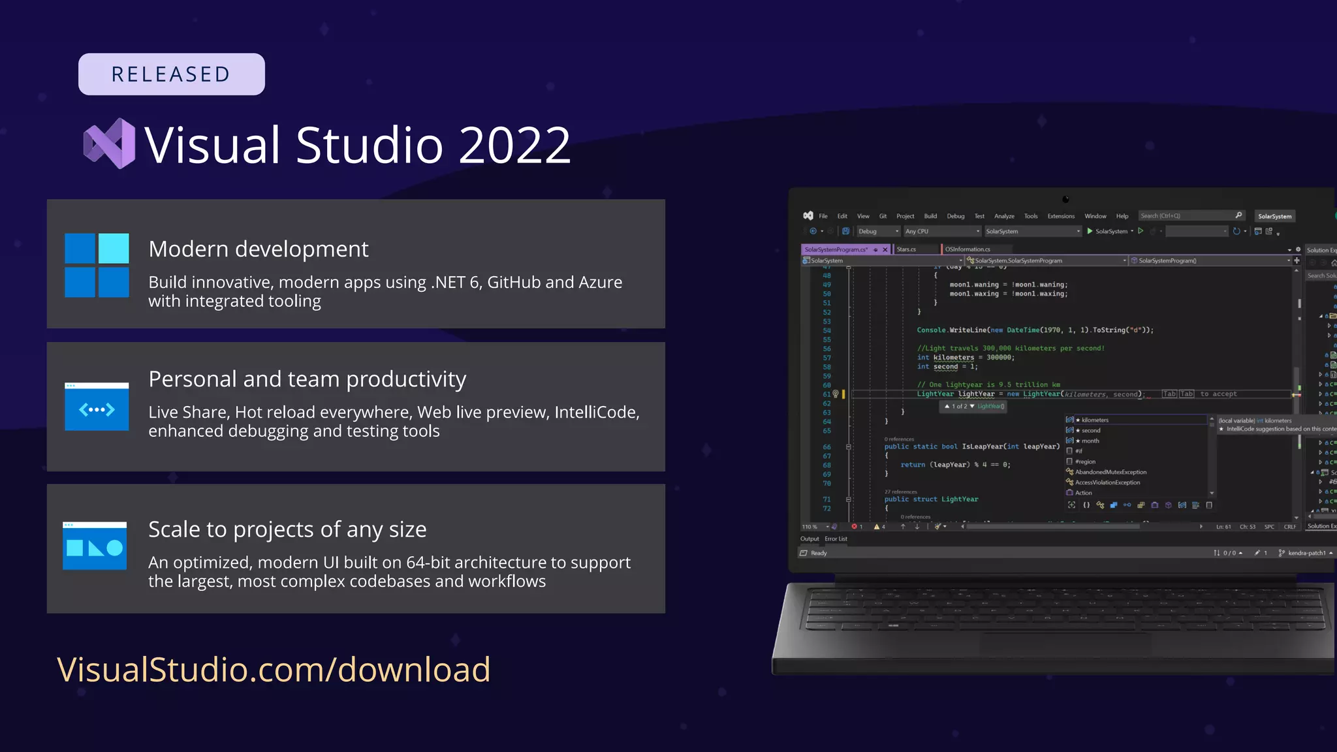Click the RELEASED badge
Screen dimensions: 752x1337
[x=171, y=74]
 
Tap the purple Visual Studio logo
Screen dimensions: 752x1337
[x=110, y=144]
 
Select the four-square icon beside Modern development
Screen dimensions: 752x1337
[x=97, y=265]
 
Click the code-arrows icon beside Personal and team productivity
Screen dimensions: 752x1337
[x=97, y=407]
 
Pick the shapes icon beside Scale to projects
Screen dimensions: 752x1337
[x=95, y=546]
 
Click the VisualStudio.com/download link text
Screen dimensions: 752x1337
[x=274, y=669]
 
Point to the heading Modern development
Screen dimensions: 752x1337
[x=258, y=249]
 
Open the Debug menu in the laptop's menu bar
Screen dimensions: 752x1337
[x=955, y=216]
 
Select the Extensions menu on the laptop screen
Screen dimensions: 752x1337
[x=1061, y=216]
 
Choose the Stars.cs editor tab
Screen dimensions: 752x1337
[x=906, y=249]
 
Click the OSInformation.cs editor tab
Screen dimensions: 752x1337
[x=967, y=249]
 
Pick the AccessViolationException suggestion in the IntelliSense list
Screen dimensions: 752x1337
[x=1107, y=482]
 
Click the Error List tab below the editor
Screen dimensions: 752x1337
[x=836, y=539]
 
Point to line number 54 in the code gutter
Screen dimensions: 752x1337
[x=826, y=330]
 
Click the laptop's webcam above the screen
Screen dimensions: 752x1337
[x=1065, y=199]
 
